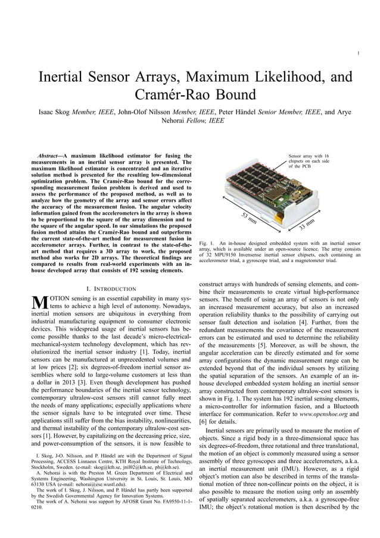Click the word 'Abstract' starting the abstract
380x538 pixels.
coord(50,156)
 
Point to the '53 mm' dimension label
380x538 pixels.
coord(249,218)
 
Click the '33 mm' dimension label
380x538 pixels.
coord(306,224)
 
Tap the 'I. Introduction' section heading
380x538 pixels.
coord(114,288)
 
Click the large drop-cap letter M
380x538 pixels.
coord(39,304)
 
